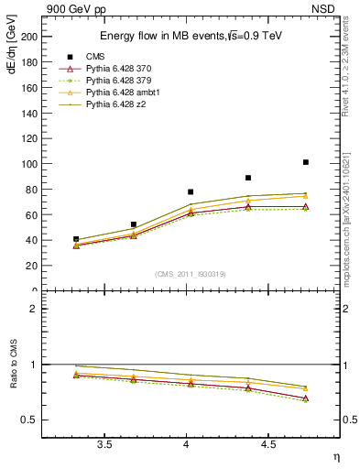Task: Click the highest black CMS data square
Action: tap(305, 162)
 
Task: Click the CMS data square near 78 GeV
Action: tap(191, 192)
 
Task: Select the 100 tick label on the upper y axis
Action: tap(29, 164)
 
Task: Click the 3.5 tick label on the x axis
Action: tap(104, 444)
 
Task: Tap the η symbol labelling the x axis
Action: tap(334, 457)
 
